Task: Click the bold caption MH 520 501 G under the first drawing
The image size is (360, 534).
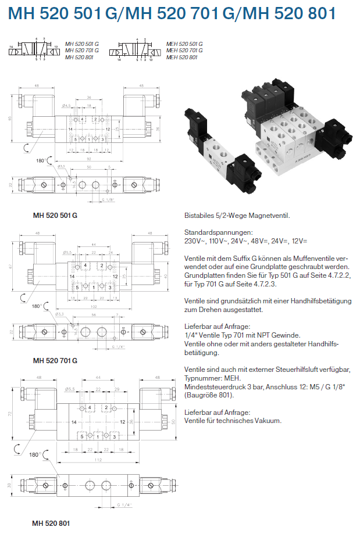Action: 55,216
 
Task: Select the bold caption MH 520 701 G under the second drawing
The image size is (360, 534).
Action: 55,360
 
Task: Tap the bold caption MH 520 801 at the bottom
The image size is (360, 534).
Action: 51,523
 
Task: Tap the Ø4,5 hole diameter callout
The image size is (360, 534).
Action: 66,105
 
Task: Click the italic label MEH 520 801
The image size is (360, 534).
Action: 181,58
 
